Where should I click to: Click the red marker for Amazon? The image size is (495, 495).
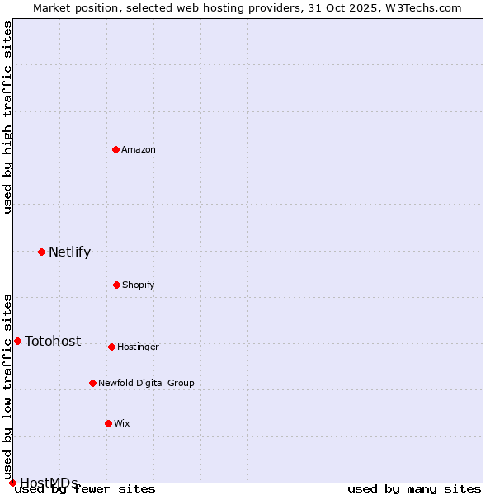pyautogui.click(x=115, y=149)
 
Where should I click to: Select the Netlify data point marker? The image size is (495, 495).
pyautogui.click(x=41, y=252)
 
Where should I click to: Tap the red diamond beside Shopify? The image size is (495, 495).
pyautogui.click(x=116, y=285)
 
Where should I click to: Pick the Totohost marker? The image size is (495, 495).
pyautogui.click(x=17, y=341)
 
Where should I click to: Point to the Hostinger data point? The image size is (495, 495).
pyautogui.click(x=111, y=346)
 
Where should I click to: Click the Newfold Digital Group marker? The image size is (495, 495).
pyautogui.click(x=92, y=383)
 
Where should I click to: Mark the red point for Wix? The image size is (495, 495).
pyautogui.click(x=108, y=423)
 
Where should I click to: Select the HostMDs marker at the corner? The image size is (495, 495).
pyautogui.click(x=12, y=483)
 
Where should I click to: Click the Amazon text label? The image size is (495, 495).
pyautogui.click(x=139, y=149)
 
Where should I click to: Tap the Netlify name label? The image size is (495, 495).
pyautogui.click(x=69, y=252)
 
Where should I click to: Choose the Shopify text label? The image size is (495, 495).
pyautogui.click(x=139, y=285)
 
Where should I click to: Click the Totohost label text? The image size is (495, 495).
pyautogui.click(x=53, y=342)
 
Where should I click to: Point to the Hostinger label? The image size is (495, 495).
pyautogui.click(x=138, y=346)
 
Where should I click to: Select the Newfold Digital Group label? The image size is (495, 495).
pyautogui.click(x=146, y=383)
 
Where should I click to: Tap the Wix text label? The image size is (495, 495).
pyautogui.click(x=122, y=423)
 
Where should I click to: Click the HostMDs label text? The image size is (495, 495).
pyautogui.click(x=49, y=483)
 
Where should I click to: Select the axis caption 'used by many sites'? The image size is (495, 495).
pyautogui.click(x=414, y=489)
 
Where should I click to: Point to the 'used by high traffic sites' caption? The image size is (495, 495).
pyautogui.click(x=8, y=118)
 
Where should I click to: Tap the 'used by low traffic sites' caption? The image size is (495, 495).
pyautogui.click(x=8, y=380)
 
